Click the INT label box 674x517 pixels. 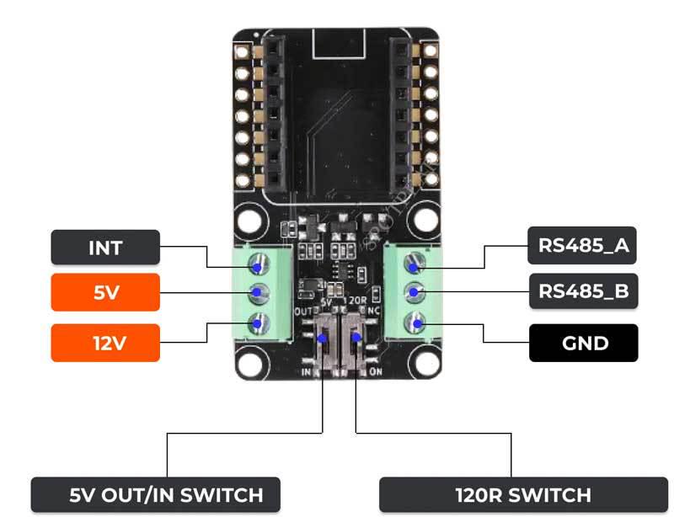pyautogui.click(x=105, y=248)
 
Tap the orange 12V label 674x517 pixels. pyautogui.click(x=105, y=343)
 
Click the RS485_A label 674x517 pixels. pyautogui.click(x=582, y=247)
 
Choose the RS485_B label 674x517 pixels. pyautogui.click(x=582, y=291)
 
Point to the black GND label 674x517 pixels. pyautogui.click(x=583, y=343)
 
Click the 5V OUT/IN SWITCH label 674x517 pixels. pyautogui.click(x=155, y=495)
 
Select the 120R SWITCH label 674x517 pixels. pyautogui.click(x=523, y=495)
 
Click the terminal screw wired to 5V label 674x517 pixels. pyautogui.click(x=256, y=293)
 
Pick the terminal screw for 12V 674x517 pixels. pyautogui.click(x=256, y=321)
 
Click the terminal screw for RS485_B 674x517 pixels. pyautogui.click(x=414, y=292)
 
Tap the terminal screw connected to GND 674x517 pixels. pyautogui.click(x=414, y=321)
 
